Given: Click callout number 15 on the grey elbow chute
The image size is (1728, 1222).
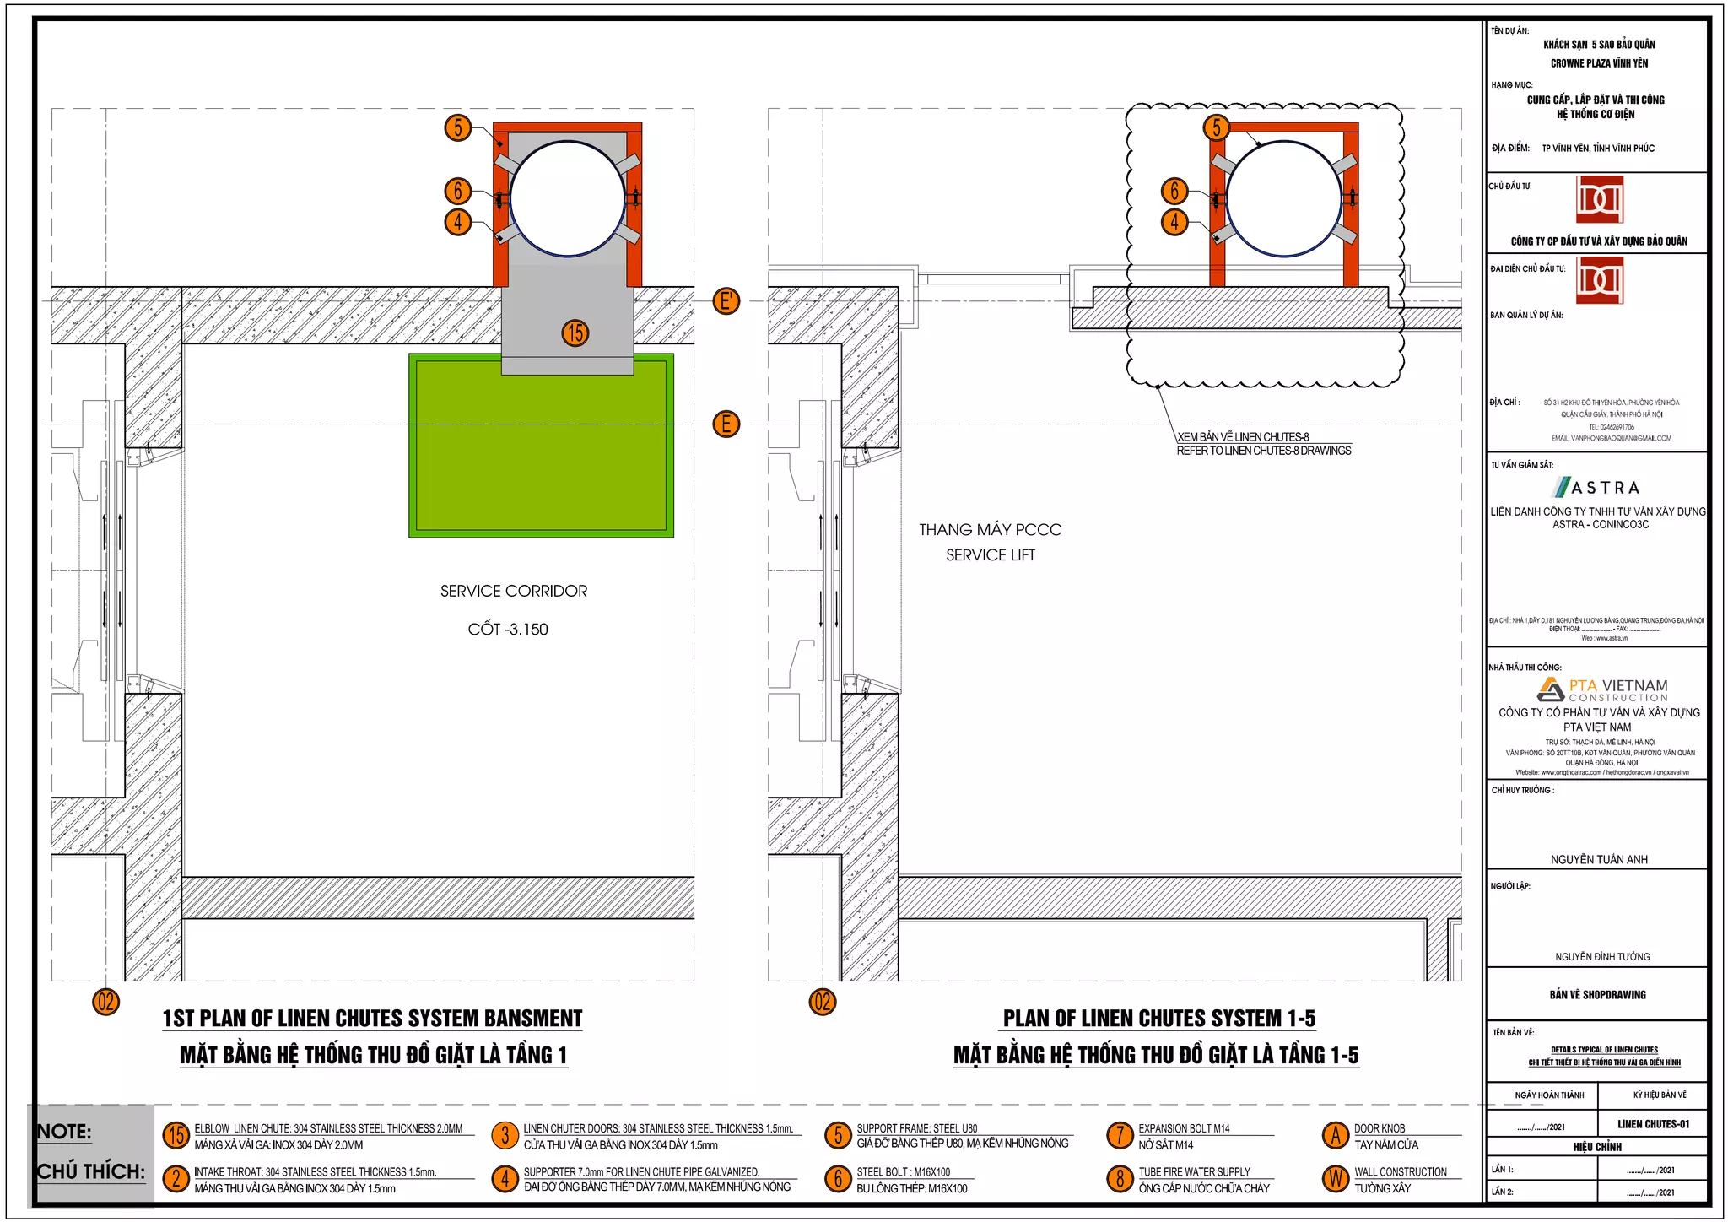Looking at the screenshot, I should point(575,333).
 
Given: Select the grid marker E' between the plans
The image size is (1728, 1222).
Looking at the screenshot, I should point(726,300).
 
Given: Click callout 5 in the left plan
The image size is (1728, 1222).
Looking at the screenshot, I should point(457,127).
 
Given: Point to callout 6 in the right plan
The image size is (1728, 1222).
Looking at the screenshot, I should point(1174,191).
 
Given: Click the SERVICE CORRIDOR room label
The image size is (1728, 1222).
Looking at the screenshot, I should point(513,591).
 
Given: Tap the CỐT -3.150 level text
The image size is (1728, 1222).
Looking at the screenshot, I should point(508,629).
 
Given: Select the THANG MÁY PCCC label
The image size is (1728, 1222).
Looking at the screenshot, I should point(990,529).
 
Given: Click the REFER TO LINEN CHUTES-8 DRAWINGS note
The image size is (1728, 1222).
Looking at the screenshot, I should point(1263,451).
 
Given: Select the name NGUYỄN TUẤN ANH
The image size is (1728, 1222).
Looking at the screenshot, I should point(1598,859).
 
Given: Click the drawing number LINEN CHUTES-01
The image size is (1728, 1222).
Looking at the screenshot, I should point(1653,1123).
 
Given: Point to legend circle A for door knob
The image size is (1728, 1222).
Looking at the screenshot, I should point(1335,1135).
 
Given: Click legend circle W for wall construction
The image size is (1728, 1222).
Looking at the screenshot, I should point(1335,1178).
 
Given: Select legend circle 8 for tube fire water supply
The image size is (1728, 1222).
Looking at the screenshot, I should point(1119,1178).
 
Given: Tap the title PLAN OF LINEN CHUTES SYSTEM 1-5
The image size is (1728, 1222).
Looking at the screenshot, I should point(1158,1018).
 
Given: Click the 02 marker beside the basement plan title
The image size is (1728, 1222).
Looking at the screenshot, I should point(105,1002).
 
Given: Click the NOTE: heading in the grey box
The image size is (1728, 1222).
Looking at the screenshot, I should point(65,1131).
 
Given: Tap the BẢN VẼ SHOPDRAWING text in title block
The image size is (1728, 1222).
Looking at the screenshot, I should point(1597,994).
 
